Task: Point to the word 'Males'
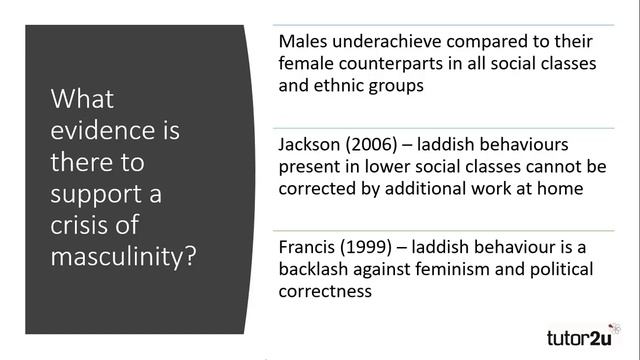(305, 43)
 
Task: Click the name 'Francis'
(309, 248)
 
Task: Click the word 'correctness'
(326, 291)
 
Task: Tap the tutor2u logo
(586, 335)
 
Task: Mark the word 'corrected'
(319, 187)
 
